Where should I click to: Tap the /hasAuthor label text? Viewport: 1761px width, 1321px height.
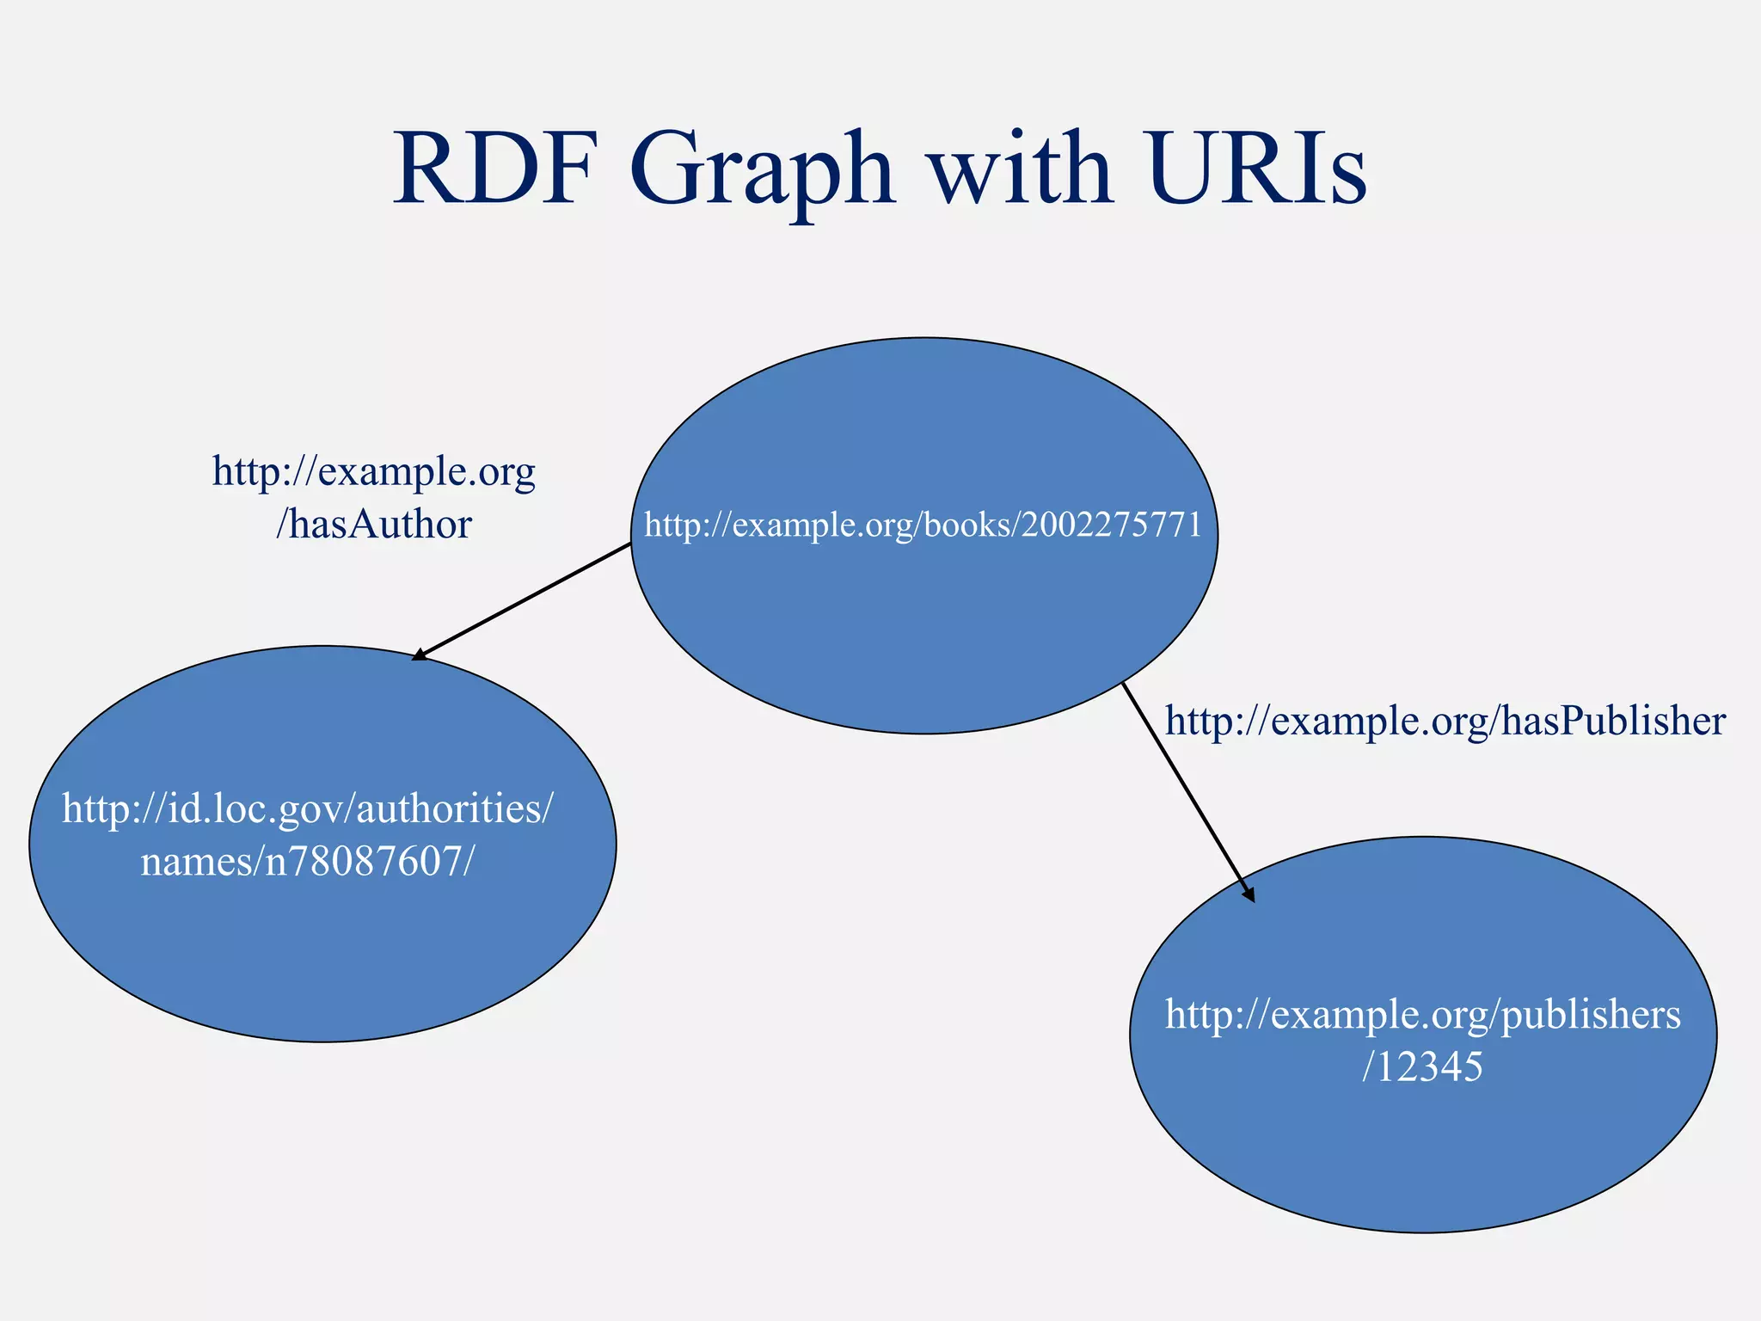tap(374, 525)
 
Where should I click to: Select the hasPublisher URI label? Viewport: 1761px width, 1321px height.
tap(1445, 721)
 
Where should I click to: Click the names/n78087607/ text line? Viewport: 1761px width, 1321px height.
tap(307, 861)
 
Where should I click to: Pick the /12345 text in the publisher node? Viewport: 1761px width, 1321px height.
tap(1423, 1067)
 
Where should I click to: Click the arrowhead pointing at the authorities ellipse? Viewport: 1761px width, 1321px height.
tap(419, 656)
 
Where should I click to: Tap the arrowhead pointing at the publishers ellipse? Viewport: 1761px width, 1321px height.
tap(1249, 894)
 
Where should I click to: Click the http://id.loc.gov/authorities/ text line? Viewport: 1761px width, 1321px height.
tap(308, 808)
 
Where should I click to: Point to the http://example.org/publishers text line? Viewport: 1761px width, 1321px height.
tap(1423, 1015)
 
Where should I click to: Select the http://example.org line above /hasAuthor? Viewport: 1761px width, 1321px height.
tap(374, 472)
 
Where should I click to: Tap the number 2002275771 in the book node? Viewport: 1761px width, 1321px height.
tap(1111, 525)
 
